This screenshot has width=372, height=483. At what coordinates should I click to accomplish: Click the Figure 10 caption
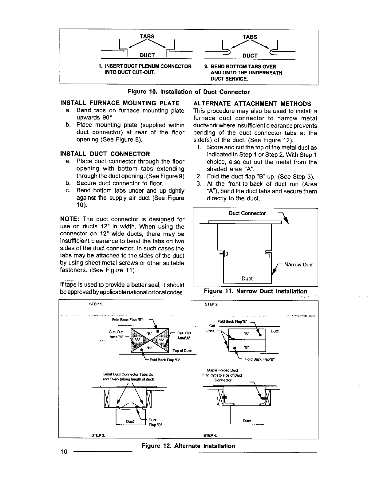(x=188, y=92)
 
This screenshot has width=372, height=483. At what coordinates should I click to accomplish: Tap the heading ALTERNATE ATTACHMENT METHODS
(x=252, y=104)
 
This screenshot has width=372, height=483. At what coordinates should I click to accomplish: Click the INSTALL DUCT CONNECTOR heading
(x=105, y=154)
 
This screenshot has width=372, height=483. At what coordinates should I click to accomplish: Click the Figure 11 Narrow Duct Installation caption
(x=255, y=291)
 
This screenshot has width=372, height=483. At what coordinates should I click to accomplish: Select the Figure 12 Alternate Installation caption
(x=188, y=446)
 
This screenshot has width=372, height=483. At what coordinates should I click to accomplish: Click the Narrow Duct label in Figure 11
(x=299, y=265)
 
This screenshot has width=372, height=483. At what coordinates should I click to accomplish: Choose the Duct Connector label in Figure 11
(x=247, y=213)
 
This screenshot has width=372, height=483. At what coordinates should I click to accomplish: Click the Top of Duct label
(x=182, y=351)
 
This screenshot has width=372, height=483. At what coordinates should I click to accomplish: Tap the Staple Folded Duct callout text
(x=226, y=370)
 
